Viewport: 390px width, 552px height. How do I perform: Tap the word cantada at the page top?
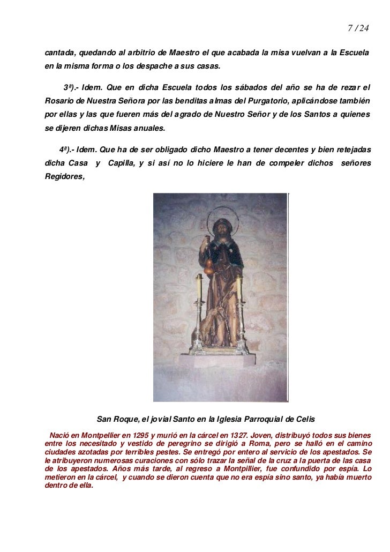(x=60, y=55)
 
